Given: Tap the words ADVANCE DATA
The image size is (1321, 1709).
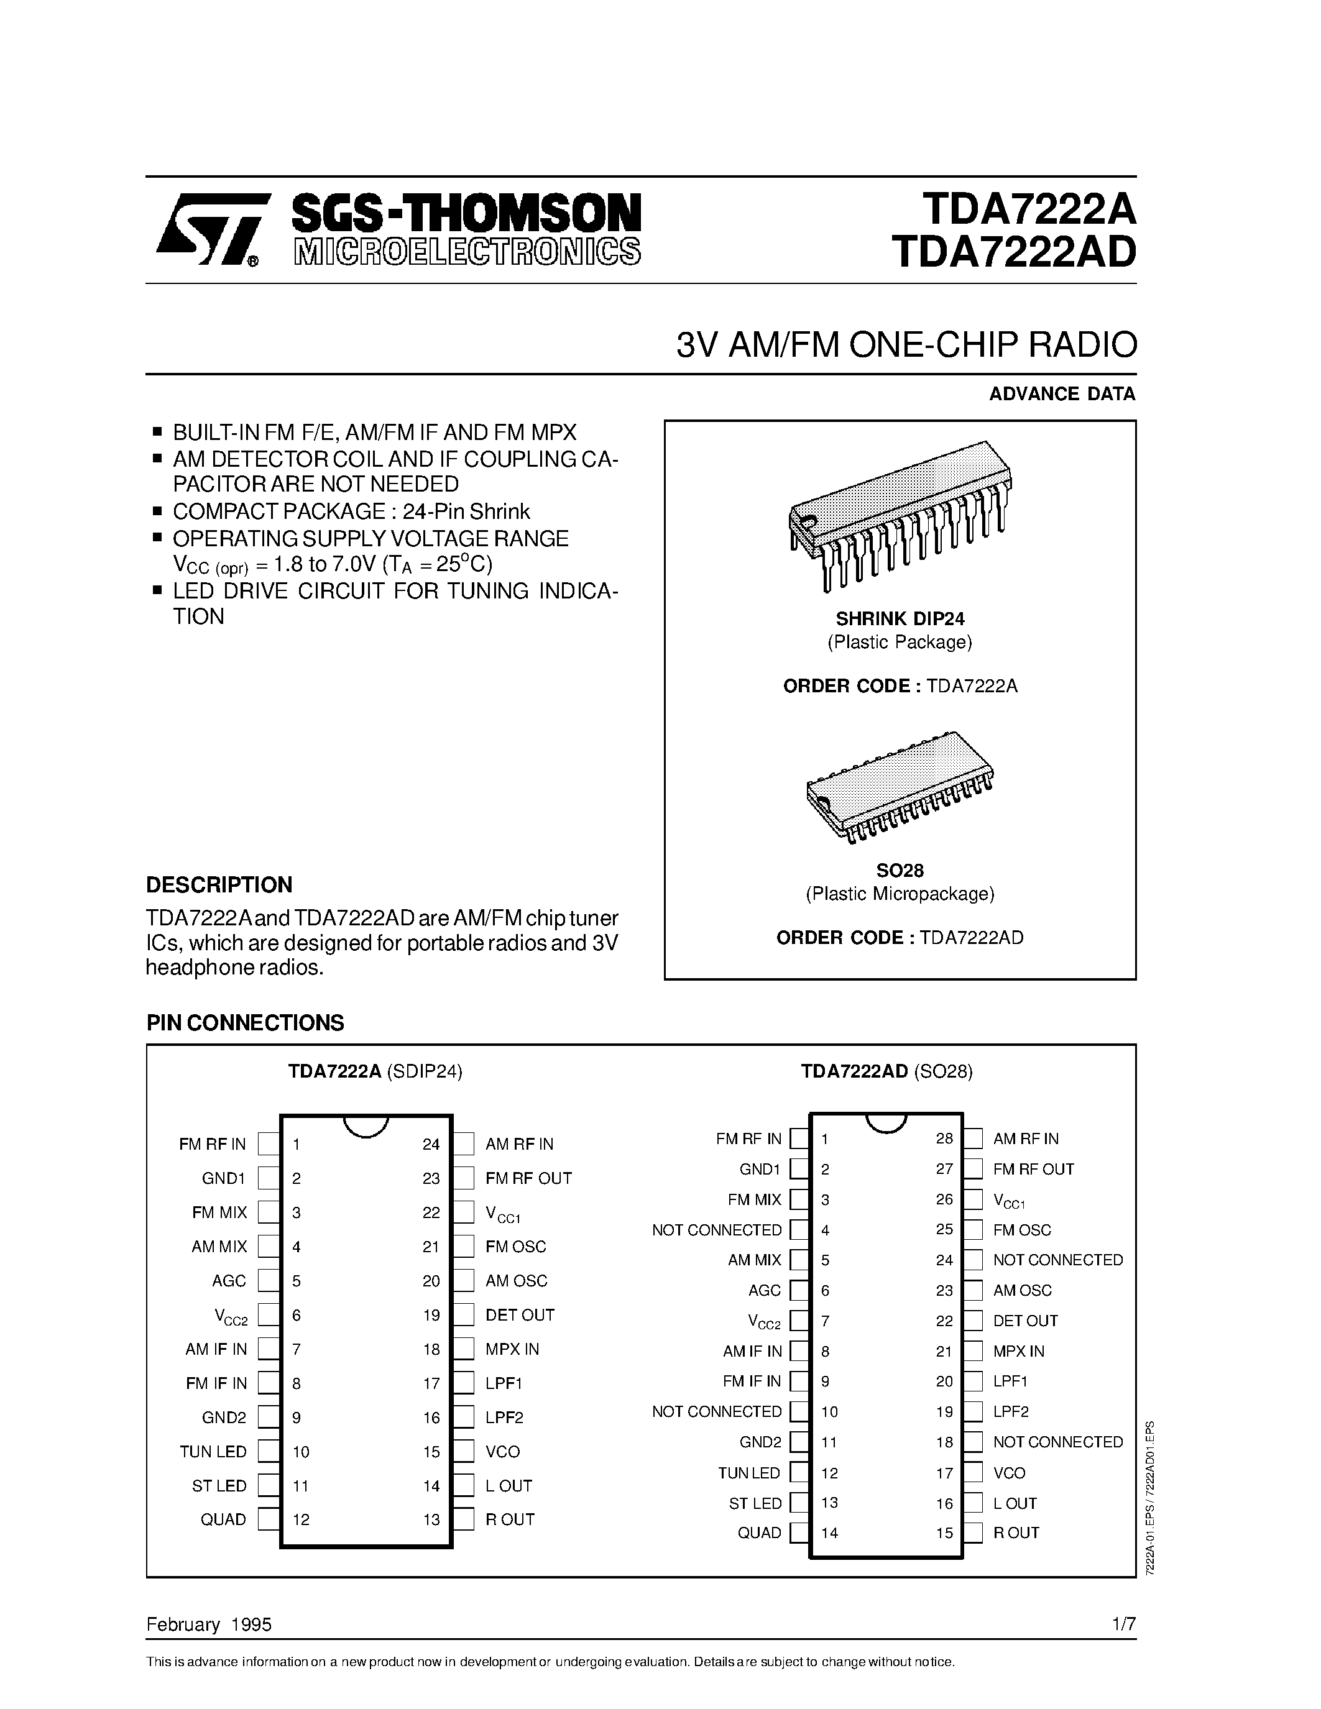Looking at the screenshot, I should click(1061, 393).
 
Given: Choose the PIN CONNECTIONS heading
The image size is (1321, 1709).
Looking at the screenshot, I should click(245, 1023).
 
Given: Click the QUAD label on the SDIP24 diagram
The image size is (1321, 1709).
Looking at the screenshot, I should click(223, 1519).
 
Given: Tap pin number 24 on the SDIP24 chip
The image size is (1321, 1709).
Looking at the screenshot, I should click(431, 1144).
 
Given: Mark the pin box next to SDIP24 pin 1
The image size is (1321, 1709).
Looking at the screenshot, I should click(269, 1144).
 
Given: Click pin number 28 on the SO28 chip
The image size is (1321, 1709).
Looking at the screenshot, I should click(944, 1139).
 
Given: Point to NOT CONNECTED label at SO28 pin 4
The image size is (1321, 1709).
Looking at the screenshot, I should click(717, 1230).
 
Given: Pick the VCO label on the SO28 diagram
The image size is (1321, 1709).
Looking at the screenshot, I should click(1009, 1473).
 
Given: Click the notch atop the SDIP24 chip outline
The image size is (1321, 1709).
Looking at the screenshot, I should click(366, 1125).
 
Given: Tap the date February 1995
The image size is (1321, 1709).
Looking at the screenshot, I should click(209, 1624).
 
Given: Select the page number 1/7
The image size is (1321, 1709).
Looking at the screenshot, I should click(1123, 1624).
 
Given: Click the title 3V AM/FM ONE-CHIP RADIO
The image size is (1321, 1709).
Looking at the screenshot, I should click(906, 345).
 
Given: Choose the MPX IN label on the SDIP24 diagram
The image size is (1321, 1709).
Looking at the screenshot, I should click(512, 1349).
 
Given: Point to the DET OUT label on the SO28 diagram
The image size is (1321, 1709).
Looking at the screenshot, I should click(1025, 1321).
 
